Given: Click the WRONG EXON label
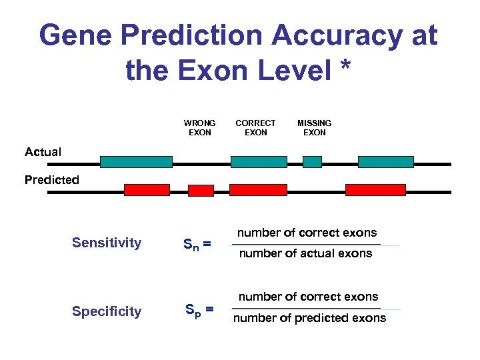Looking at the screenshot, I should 199,127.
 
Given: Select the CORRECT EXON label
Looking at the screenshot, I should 255,127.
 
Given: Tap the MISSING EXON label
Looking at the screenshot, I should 314,127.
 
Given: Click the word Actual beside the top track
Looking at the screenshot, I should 43,152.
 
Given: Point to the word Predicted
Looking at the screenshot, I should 51,180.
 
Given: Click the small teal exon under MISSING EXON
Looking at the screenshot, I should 312,162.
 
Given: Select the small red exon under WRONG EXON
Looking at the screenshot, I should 201,191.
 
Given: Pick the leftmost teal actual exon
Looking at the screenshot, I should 136,162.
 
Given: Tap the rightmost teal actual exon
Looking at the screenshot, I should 385,162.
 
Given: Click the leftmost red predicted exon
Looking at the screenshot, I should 147,190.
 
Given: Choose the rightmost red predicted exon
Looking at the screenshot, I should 375,190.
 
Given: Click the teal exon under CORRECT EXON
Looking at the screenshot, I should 259,162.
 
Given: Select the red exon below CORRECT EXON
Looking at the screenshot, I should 258,190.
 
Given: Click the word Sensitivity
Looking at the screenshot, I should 107,243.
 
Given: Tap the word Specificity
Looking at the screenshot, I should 107,311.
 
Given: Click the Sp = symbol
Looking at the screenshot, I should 199,310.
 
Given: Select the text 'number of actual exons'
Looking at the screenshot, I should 305,253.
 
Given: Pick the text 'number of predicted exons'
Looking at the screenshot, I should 309,318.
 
